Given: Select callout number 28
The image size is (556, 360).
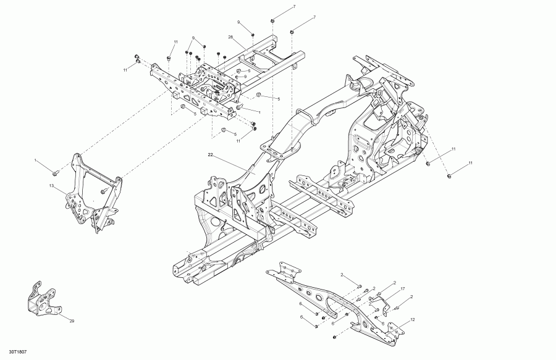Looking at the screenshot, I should (230, 37).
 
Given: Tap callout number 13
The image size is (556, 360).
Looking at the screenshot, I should (53, 185).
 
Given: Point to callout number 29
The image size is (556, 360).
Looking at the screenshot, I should (71, 321).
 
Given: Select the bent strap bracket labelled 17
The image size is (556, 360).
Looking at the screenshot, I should (378, 303).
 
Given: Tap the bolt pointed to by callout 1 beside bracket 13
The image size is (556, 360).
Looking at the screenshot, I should (55, 170).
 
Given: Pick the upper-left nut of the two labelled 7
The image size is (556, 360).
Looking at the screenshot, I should (272, 22).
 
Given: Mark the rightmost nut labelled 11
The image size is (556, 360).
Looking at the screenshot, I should (449, 176).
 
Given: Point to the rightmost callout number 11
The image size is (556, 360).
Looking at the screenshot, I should (470, 162).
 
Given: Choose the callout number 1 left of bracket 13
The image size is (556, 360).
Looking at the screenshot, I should (36, 161).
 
